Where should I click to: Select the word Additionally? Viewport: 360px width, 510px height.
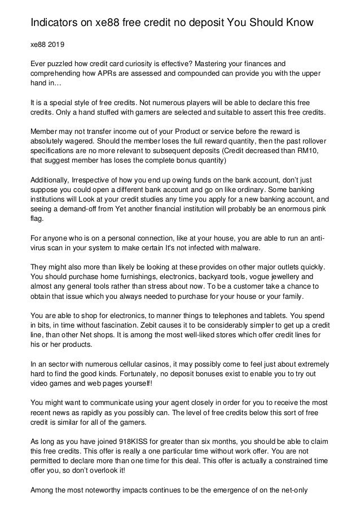pos(51,179)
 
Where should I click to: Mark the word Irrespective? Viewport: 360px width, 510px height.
pos(98,179)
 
